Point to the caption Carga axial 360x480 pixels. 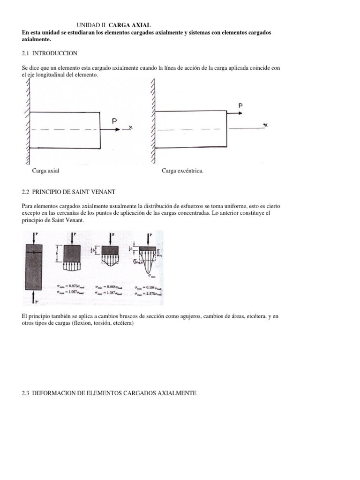point(45,171)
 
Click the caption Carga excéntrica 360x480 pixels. point(183,171)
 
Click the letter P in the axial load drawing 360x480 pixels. point(114,121)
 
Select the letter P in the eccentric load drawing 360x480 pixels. point(240,106)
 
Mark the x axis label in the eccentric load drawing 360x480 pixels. point(265,125)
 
